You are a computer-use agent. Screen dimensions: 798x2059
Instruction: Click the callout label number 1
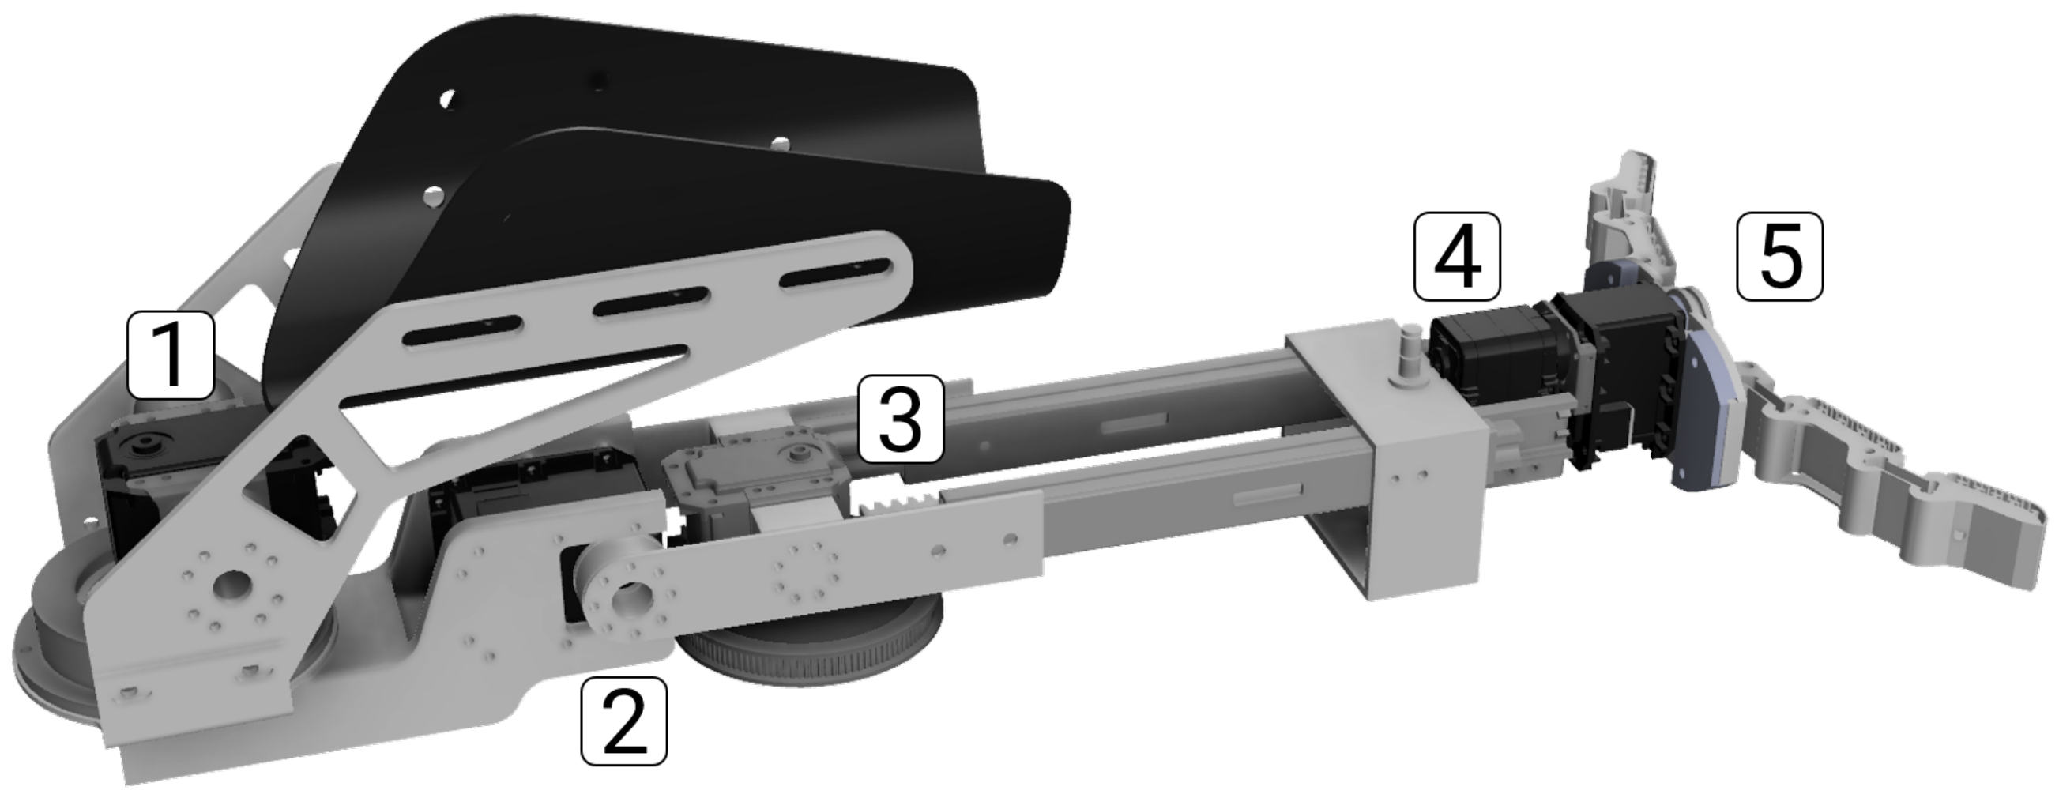point(170,355)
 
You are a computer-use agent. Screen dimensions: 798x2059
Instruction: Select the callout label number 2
point(623,720)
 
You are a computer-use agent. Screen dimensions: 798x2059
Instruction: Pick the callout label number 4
point(1457,256)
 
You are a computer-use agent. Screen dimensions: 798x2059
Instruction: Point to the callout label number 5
point(1779,257)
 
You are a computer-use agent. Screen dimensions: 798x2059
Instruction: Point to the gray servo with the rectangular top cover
point(755,480)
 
